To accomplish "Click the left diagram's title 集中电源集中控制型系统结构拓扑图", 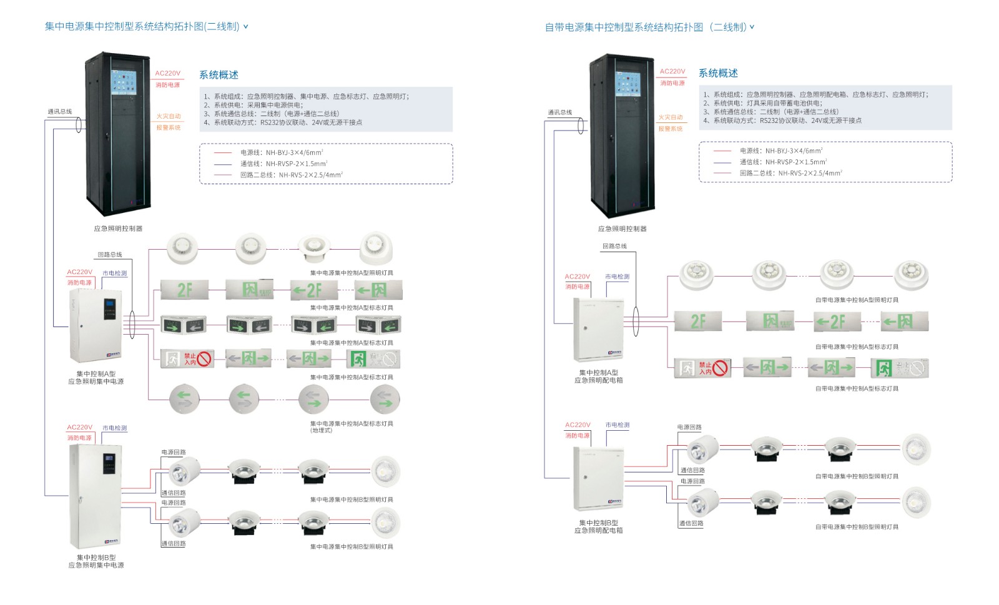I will (x=142, y=26).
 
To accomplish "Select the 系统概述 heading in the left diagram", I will (x=219, y=75).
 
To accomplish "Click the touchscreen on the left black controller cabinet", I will (x=123, y=82).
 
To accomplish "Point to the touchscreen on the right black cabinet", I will (x=627, y=84).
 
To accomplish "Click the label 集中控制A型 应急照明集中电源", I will (x=96, y=378).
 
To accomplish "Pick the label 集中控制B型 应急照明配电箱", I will (x=599, y=526).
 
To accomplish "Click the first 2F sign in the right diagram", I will (x=698, y=322).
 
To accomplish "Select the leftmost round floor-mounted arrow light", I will (x=184, y=399).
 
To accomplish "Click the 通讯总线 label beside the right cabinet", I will (x=560, y=112).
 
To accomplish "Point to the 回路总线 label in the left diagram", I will (x=110, y=255).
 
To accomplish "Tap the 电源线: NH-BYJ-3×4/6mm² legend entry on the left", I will (x=282, y=152).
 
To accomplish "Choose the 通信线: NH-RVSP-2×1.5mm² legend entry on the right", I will (x=783, y=162).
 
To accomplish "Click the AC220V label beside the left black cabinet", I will (x=167, y=73).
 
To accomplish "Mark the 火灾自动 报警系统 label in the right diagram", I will (x=671, y=123).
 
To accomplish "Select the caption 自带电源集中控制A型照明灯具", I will (x=857, y=300).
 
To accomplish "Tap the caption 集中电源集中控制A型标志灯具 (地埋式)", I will (x=352, y=426).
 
